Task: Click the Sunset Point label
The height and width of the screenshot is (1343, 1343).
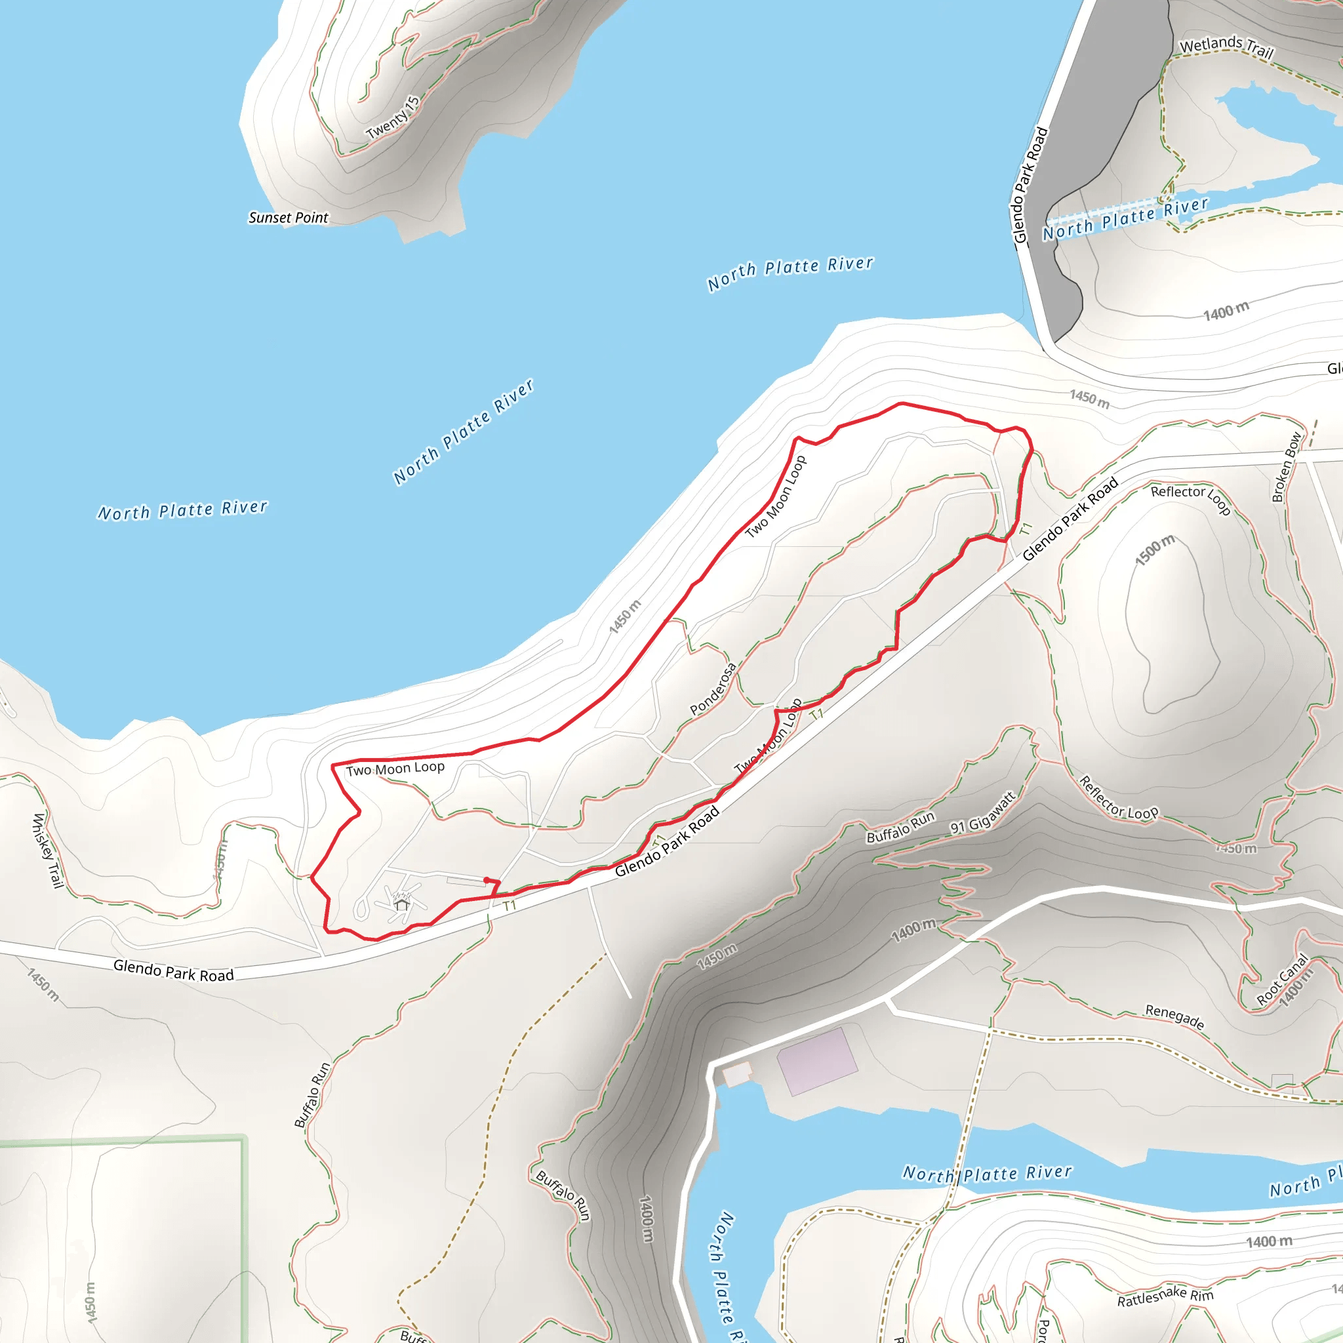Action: click(x=288, y=218)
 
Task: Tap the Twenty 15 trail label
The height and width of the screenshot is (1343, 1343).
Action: click(x=393, y=118)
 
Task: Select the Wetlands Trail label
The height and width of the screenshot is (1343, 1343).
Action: click(x=1226, y=47)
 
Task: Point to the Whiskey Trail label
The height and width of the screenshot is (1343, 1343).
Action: click(x=48, y=850)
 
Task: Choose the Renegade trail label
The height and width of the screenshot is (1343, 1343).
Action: click(x=1174, y=1016)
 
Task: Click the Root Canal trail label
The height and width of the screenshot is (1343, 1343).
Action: click(x=1282, y=980)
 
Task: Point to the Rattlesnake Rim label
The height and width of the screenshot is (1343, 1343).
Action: click(x=1165, y=1296)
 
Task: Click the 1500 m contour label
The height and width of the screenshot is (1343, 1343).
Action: click(x=1155, y=550)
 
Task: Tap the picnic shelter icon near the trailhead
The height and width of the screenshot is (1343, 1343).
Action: click(x=402, y=904)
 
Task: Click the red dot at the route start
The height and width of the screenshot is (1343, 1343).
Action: click(x=486, y=880)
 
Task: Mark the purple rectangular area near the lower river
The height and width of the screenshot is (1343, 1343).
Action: click(x=817, y=1062)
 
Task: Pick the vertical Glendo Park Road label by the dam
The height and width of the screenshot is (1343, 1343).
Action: click(x=1030, y=185)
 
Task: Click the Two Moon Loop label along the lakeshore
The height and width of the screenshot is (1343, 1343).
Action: click(x=776, y=496)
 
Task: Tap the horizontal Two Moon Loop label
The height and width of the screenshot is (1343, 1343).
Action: click(x=395, y=768)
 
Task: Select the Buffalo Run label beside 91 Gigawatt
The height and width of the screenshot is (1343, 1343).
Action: click(x=900, y=827)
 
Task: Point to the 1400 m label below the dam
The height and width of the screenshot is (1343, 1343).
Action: click(x=1226, y=311)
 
